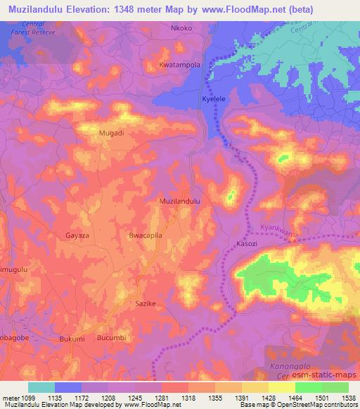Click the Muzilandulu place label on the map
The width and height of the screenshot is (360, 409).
181,201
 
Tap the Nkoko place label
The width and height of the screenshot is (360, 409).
181,29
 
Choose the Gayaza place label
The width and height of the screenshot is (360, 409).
78,236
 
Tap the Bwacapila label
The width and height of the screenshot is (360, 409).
146,236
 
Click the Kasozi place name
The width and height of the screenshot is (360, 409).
246,243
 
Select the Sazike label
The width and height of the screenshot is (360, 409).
145,304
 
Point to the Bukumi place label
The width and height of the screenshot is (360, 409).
72,339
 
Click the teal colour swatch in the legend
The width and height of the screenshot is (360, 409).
41,387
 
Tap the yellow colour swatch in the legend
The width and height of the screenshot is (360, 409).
282,387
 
